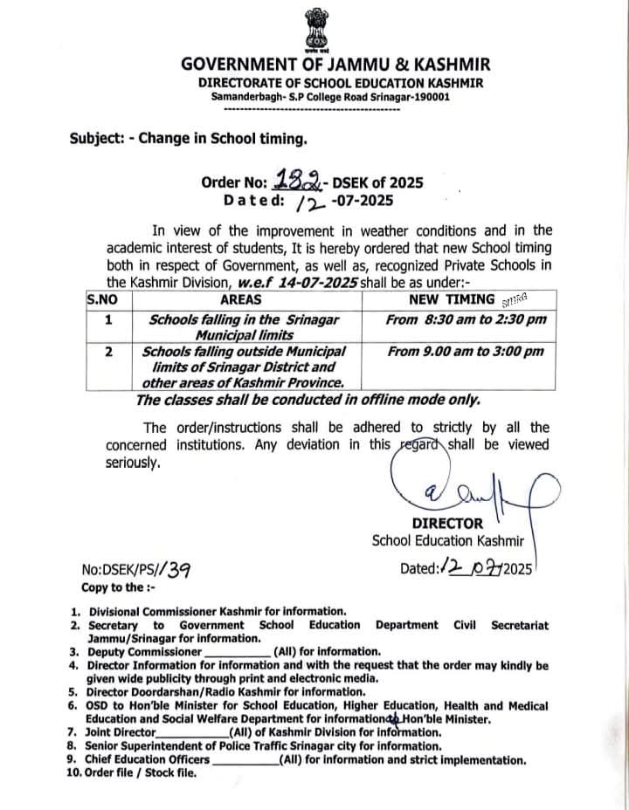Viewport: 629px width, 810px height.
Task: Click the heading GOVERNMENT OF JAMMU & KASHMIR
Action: (335, 65)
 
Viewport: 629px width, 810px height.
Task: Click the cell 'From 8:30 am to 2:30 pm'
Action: (466, 319)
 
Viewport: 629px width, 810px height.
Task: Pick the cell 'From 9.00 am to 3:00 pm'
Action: (465, 351)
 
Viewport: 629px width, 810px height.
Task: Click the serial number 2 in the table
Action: (108, 351)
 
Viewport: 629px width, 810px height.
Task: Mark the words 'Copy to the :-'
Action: (117, 587)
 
